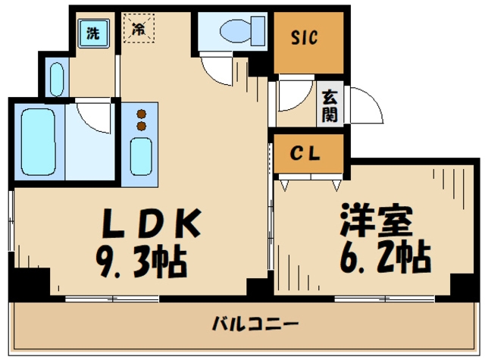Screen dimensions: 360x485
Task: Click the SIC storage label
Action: pos(305,37)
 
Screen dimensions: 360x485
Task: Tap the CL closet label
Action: pos(308,152)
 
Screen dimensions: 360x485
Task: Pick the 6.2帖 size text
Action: pos(383,257)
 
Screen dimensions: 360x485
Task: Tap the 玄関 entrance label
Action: pos(330,105)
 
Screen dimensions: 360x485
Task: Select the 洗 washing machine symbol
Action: pos(92,33)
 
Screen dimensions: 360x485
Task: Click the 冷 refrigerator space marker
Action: pos(139,30)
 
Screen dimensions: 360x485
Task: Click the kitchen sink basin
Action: pos(140,155)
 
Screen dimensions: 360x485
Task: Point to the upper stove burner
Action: pos(140,114)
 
